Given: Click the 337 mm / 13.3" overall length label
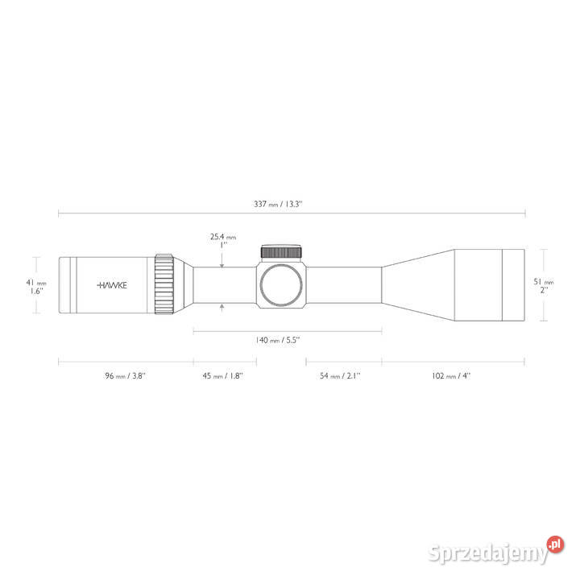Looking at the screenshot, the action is click(x=278, y=204).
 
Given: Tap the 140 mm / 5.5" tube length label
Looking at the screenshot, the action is click(x=277, y=340).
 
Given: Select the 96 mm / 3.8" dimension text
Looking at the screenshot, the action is click(x=126, y=376).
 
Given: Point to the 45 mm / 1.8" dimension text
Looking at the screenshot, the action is click(x=222, y=376).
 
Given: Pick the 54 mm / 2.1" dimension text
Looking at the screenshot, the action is click(x=340, y=376).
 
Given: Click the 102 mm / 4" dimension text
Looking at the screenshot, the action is click(x=451, y=376).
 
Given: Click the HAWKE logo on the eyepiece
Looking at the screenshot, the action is click(x=112, y=285).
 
